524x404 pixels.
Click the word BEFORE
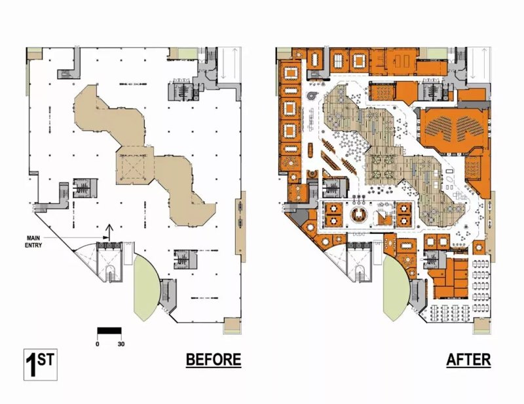(x=214, y=360)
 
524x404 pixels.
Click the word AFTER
(x=468, y=360)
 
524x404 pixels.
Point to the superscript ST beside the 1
(x=45, y=360)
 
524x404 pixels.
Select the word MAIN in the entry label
(x=33, y=238)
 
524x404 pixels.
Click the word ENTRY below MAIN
(x=33, y=246)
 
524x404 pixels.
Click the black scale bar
(x=109, y=331)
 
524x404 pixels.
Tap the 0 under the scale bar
(x=97, y=344)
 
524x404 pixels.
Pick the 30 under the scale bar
(x=121, y=344)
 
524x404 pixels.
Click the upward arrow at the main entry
(x=109, y=232)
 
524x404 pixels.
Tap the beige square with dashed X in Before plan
(x=136, y=166)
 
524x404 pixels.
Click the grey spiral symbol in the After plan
(x=313, y=95)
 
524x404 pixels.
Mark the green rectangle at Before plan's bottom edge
(x=232, y=326)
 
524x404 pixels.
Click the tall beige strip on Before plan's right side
(x=240, y=226)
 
